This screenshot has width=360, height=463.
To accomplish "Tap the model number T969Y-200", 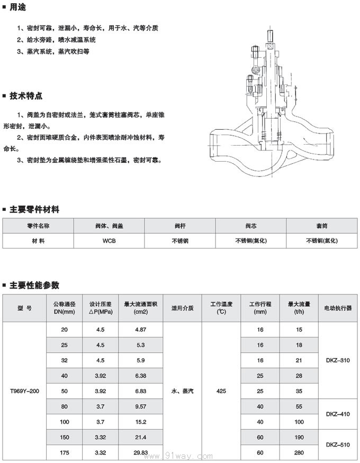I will coord(25,391).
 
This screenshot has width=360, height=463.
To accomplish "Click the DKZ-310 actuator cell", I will coord(337,360).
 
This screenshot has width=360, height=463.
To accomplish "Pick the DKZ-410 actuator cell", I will coord(337,414).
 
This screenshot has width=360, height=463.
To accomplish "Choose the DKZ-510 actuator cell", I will coord(337,445).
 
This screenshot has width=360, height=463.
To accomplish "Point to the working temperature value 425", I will coord(222,391).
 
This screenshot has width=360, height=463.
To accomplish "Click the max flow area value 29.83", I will coord(140,453).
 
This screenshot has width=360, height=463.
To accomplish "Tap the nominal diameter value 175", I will coord(65,453).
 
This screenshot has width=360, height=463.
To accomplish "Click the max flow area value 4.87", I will coord(140,330).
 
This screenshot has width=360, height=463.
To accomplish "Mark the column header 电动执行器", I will coord(337,308).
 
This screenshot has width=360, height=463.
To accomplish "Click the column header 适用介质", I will coord(182,308).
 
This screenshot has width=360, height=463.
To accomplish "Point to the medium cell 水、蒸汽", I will coord(183,391).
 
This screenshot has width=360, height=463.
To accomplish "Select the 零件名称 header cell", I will coord(38,226).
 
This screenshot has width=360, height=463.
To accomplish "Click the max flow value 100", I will coord(299,422).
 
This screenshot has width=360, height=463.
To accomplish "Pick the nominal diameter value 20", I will coord(65,330).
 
